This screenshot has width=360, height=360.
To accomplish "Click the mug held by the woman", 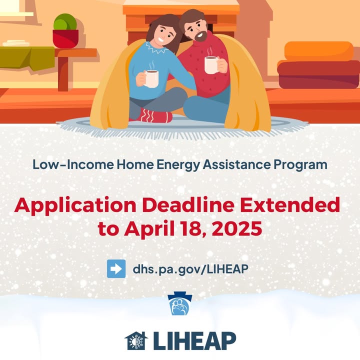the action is pos(151,79).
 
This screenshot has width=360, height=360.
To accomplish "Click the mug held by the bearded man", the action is pos(211,64).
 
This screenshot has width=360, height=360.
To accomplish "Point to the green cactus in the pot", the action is pos(65,22).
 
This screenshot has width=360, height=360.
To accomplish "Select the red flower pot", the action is pos(65,39).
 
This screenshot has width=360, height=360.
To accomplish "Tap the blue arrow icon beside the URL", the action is pos(116,268).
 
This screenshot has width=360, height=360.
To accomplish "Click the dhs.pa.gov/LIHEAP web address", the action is pos(190,269).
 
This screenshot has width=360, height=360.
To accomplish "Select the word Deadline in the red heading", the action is pos(188,204).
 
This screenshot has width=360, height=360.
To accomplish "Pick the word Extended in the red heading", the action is pos(290,204).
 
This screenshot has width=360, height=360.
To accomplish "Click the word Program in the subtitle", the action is pos(300,165).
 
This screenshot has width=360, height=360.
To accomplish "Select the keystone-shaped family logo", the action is pos(180,303).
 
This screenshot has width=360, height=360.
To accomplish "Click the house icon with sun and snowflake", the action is pos(136,340).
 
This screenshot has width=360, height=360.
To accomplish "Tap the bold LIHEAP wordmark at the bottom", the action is pos(194,341).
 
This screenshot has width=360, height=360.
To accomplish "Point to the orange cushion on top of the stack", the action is pos(319,51).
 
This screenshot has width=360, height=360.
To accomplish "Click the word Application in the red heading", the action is pos(75,205).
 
